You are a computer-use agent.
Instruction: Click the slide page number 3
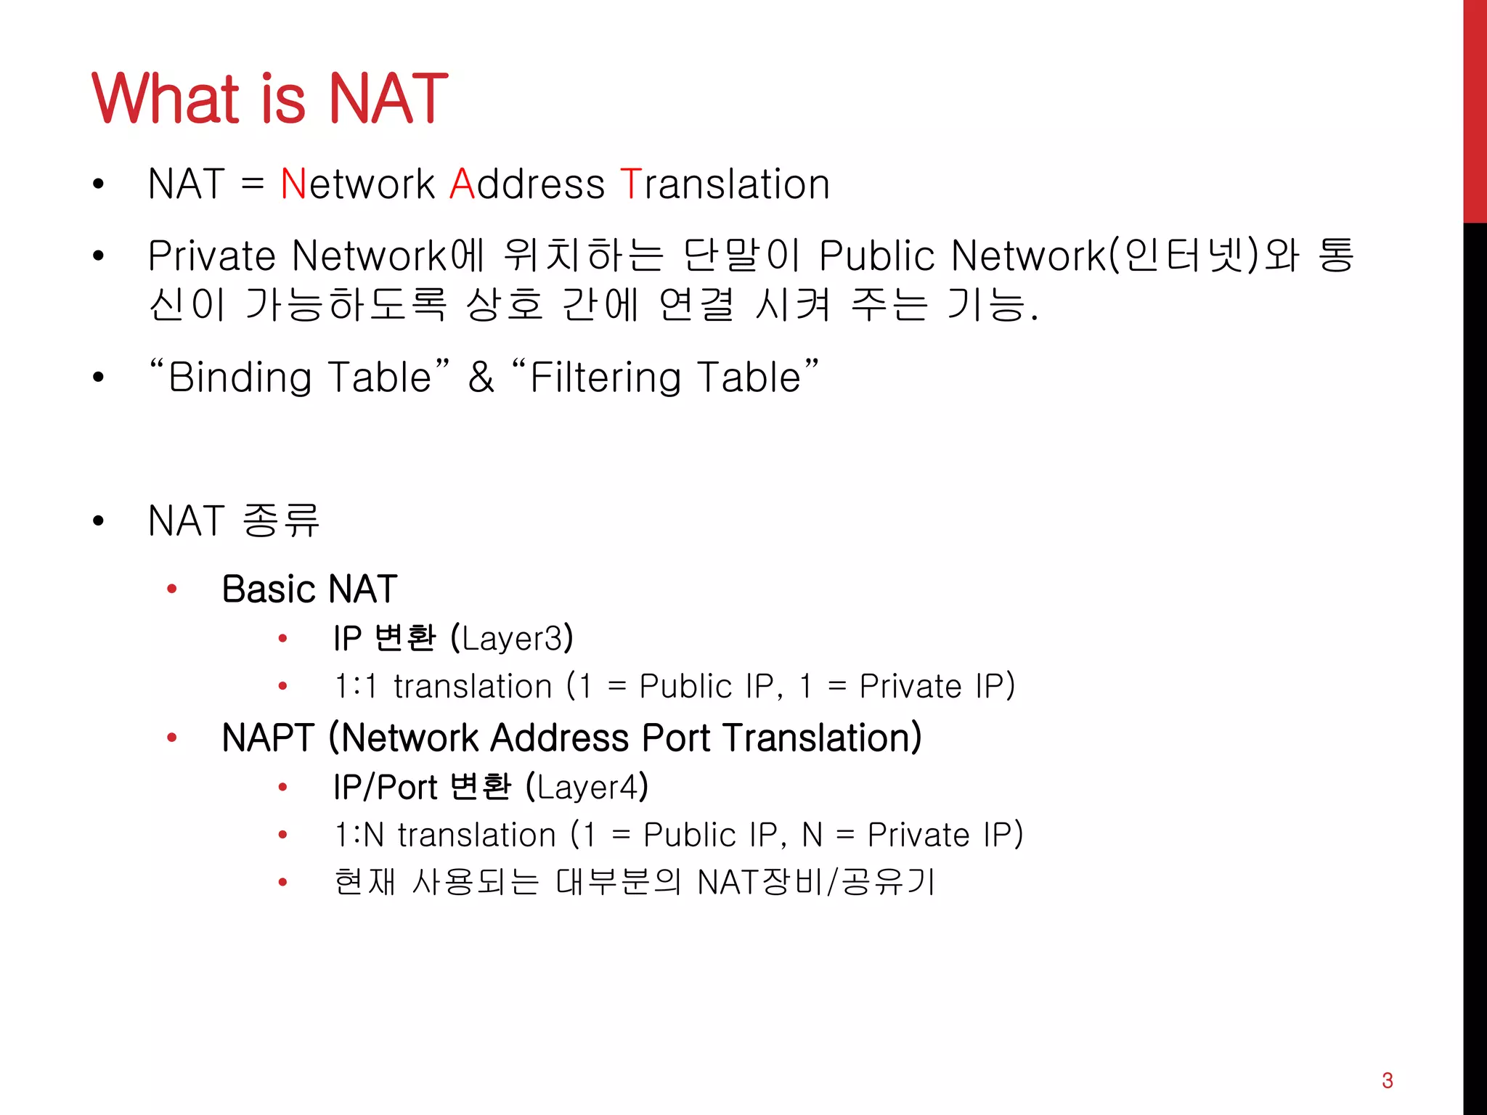(x=1387, y=1081)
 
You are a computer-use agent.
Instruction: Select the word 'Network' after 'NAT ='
(x=357, y=184)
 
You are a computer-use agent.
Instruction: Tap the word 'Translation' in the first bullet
(x=725, y=184)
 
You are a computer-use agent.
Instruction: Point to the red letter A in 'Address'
(x=461, y=184)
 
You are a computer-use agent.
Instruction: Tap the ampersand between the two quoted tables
(x=481, y=377)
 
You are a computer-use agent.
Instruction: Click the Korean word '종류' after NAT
(x=280, y=521)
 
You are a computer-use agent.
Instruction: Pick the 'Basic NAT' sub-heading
(x=309, y=589)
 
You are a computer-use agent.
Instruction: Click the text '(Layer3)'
(x=512, y=638)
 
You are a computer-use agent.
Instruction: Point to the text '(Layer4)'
(x=587, y=787)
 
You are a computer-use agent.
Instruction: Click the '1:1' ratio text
(x=355, y=686)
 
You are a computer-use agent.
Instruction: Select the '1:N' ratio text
(x=359, y=835)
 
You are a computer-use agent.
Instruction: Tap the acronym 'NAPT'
(x=268, y=738)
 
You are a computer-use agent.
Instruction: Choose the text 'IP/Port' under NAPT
(x=386, y=787)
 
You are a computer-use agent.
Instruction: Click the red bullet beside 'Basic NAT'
(x=172, y=589)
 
